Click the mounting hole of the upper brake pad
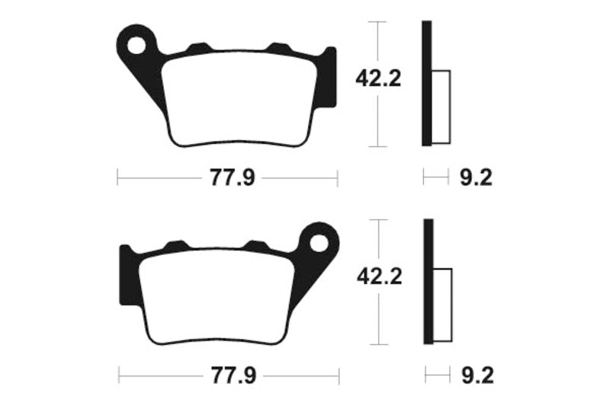[137, 45]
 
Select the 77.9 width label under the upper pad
[227, 178]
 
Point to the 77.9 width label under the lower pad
[228, 376]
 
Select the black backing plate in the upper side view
[427, 84]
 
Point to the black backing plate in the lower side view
[428, 282]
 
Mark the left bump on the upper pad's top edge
[200, 49]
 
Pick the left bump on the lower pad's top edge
[178, 245]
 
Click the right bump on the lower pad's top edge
[255, 245]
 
